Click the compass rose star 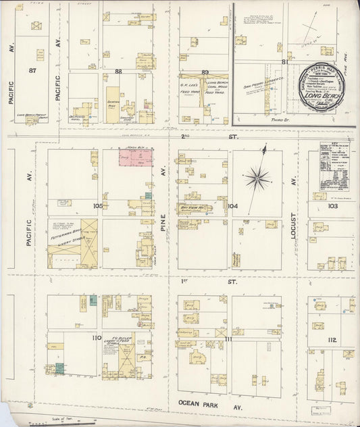[x=257, y=178]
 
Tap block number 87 [x=32, y=70]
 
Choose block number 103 [x=332, y=205]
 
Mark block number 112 [x=332, y=340]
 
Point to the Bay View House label [x=193, y=208]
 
